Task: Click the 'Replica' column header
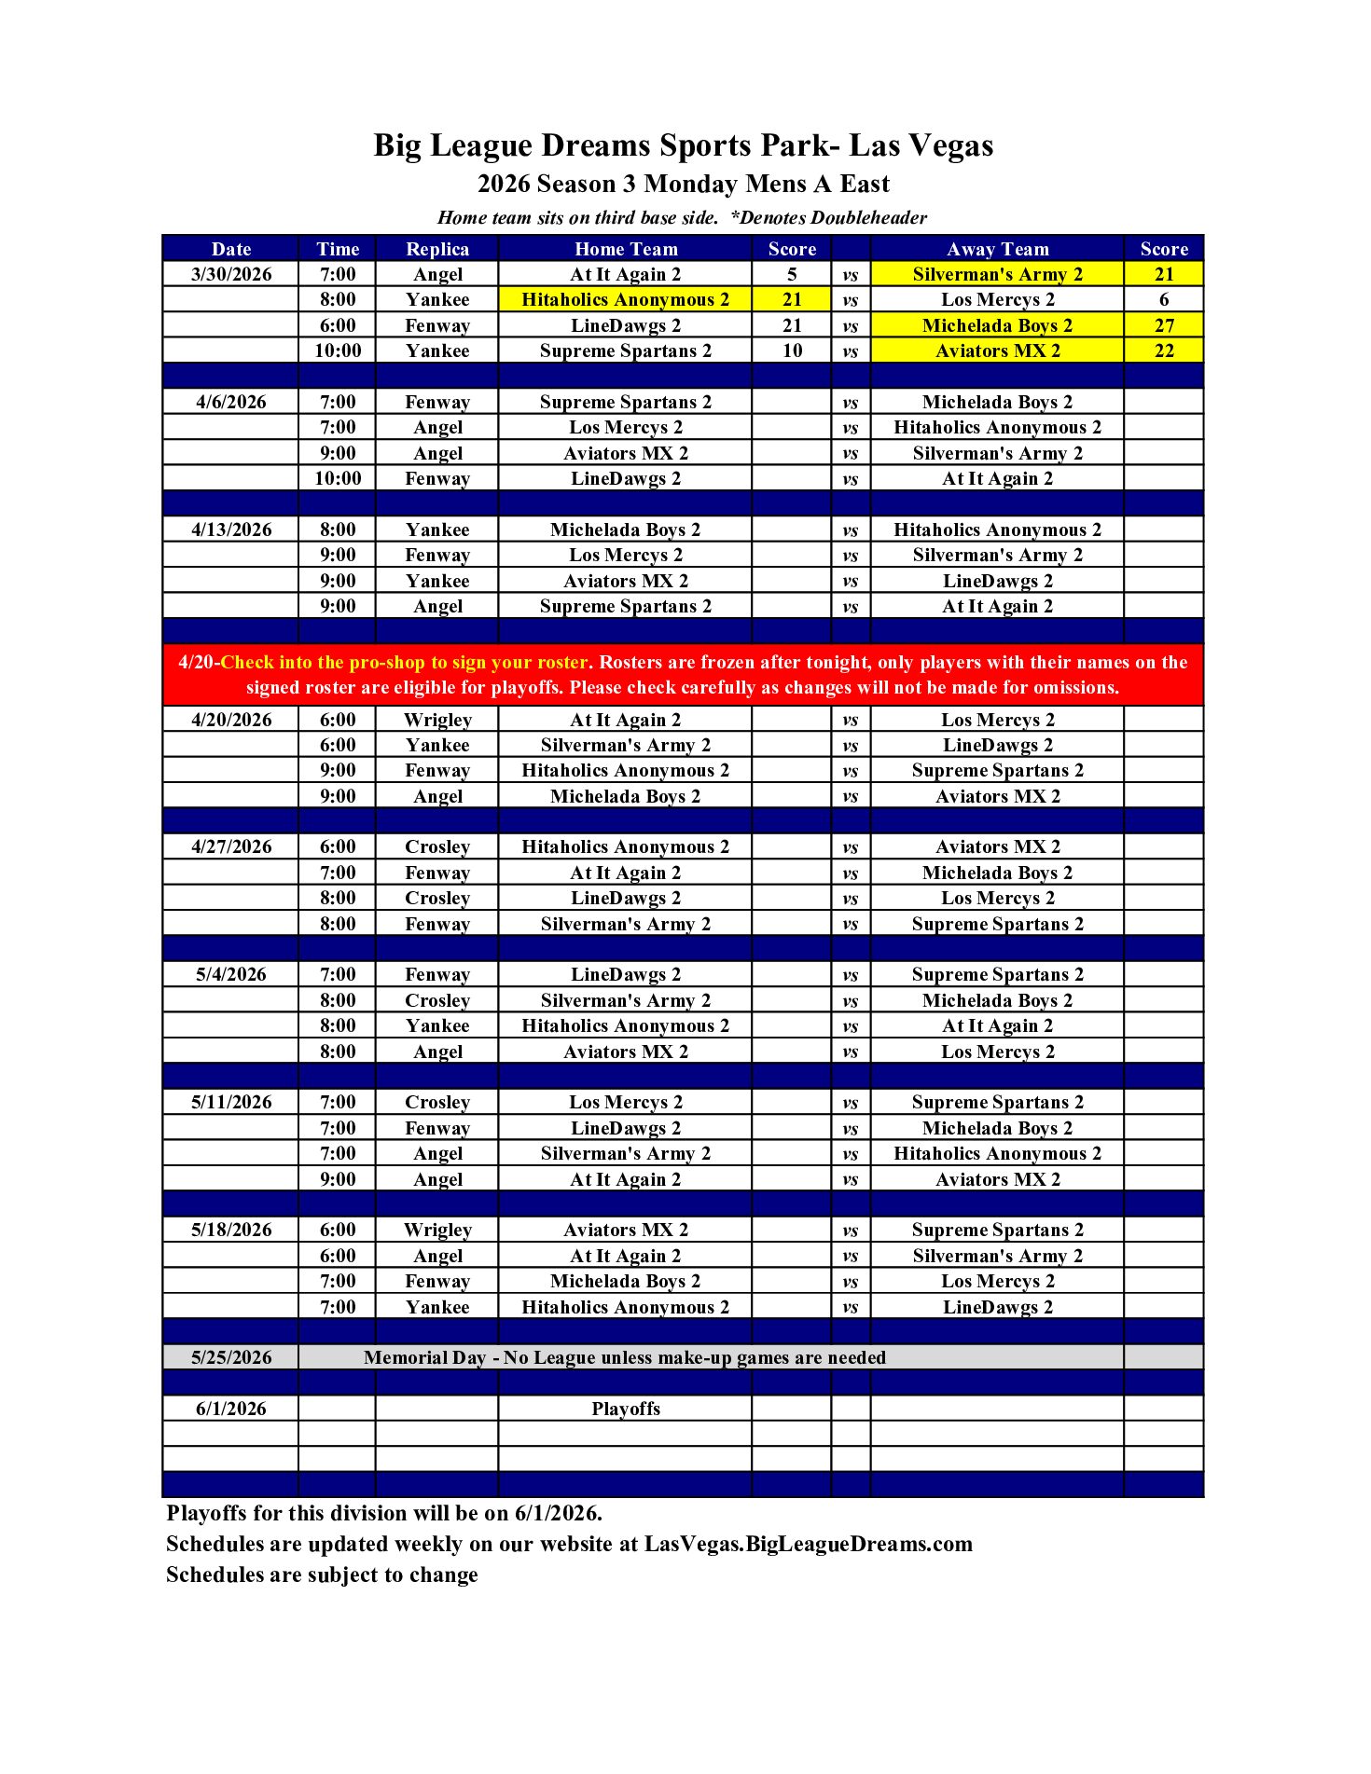436,249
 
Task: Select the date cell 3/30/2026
231,274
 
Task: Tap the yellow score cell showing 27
1164,325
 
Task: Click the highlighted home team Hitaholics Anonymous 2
625,299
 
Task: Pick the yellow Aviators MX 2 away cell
997,351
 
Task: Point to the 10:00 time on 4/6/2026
337,478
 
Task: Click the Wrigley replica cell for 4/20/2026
436,720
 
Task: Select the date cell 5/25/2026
231,1357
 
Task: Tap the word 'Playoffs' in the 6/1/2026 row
625,1409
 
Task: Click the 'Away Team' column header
997,249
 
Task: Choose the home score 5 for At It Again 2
791,274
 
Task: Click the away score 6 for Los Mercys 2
1164,299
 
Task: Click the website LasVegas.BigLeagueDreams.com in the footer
808,1544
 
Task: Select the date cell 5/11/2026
231,1102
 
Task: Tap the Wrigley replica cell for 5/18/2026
436,1230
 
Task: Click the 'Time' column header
337,249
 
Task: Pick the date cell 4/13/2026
231,529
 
